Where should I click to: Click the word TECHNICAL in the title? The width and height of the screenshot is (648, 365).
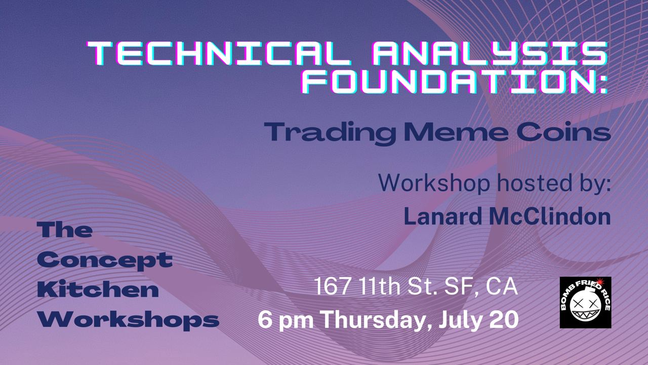pos(219,53)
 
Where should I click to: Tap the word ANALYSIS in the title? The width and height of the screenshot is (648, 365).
pos(490,53)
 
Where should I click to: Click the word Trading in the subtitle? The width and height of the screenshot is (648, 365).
pos(330,133)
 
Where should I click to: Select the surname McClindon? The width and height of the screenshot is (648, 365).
pos(550,216)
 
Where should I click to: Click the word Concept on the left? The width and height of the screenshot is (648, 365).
pos(105,261)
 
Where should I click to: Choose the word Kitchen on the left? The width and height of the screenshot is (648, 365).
pos(98,289)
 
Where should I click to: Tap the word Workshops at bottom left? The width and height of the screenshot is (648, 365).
pos(129,320)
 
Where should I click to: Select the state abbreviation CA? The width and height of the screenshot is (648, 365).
pos(502,286)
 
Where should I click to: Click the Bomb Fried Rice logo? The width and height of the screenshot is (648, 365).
pos(586,303)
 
